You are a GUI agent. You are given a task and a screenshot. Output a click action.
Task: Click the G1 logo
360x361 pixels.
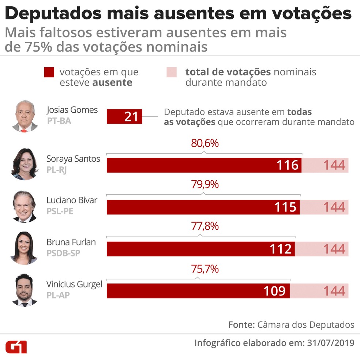[16, 347]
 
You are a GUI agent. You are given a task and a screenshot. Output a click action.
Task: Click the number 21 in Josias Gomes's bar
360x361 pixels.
[131, 117]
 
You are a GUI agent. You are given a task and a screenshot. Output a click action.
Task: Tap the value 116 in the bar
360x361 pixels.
[288, 165]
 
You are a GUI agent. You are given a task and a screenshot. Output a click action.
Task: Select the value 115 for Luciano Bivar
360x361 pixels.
[285, 207]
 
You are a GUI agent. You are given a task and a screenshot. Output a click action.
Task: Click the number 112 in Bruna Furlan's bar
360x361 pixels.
[281, 249]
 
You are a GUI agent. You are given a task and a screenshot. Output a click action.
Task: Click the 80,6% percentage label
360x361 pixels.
[205, 143]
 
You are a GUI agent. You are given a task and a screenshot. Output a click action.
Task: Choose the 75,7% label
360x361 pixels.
[205, 269]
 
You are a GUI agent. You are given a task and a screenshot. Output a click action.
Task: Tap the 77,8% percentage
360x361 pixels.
[205, 226]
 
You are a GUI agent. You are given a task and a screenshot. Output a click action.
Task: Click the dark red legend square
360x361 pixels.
[49, 72]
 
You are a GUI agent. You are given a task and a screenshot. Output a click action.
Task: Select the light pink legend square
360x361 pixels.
[172, 72]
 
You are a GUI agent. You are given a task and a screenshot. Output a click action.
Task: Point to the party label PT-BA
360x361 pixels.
[59, 120]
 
